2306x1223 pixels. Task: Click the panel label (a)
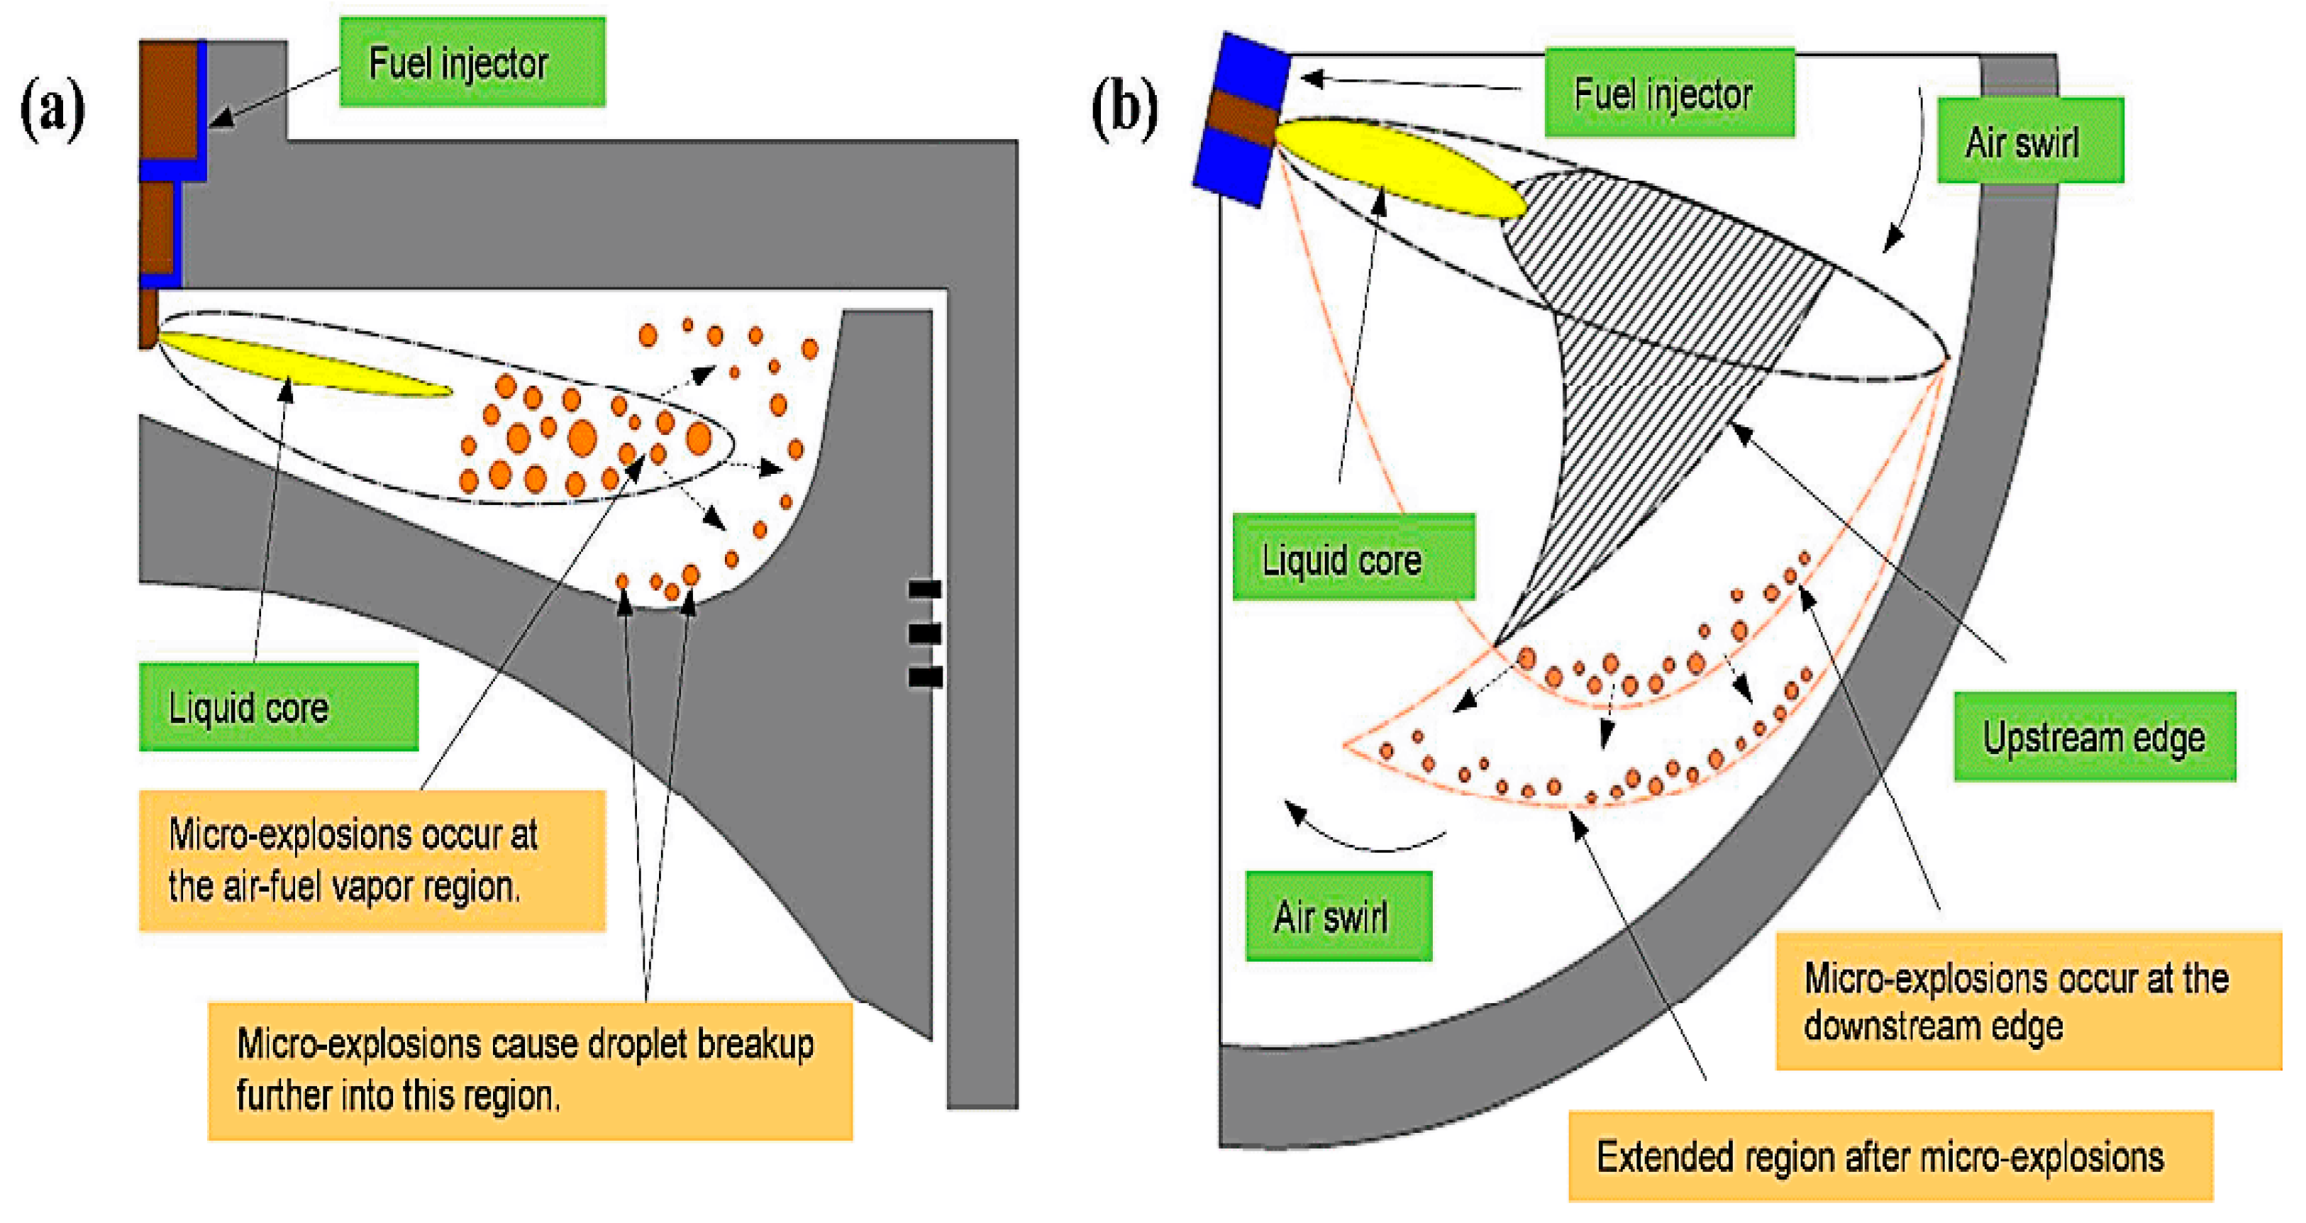click(x=52, y=109)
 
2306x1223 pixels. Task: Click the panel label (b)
click(x=1124, y=109)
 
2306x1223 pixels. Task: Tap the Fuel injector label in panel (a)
click(x=472, y=62)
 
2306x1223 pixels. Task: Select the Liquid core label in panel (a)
click(x=277, y=707)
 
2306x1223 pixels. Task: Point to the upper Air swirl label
click(x=2029, y=141)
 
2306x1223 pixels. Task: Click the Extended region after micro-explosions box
click(x=1890, y=1156)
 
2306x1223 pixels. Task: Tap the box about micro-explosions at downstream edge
click(x=2028, y=1001)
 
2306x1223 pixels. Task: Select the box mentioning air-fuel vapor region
click(x=372, y=860)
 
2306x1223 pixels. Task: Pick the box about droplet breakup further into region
click(x=530, y=1070)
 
